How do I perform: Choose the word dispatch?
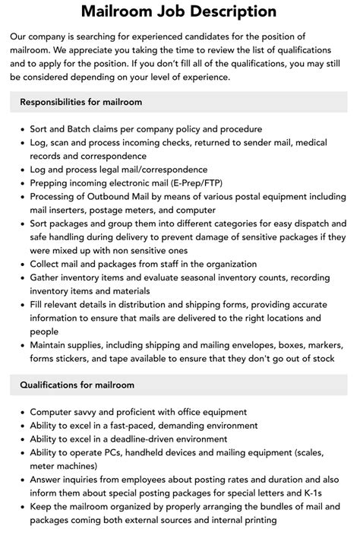[307, 224]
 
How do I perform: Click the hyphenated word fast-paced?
[146, 426]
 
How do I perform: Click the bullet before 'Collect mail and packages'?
[21, 265]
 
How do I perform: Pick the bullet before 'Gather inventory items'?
[21, 278]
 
